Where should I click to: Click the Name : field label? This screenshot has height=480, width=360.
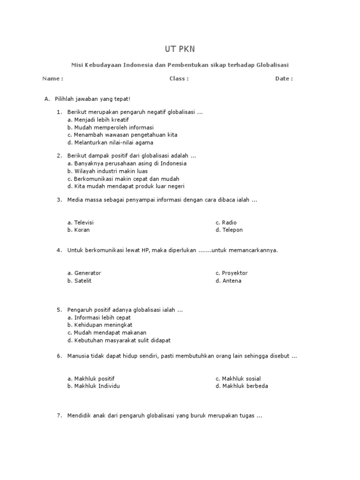click(52, 79)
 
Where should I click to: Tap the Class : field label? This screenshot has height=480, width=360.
click(179, 79)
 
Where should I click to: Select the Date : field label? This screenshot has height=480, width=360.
click(284, 79)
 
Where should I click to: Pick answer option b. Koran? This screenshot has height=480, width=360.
click(78, 230)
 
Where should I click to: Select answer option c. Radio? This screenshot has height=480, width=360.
click(226, 223)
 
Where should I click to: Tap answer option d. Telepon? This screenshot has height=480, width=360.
click(229, 230)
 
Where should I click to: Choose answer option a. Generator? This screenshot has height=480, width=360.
click(84, 273)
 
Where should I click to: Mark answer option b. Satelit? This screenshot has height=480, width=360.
click(79, 281)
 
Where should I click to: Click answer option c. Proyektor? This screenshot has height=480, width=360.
click(232, 273)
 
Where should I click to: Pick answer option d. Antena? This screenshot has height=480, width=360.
click(228, 281)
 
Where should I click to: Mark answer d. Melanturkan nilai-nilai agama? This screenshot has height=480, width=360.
click(110, 142)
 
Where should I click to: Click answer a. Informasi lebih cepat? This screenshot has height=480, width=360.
click(99, 317)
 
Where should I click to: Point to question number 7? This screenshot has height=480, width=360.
click(60, 416)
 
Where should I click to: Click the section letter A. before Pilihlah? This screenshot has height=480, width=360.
click(47, 99)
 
